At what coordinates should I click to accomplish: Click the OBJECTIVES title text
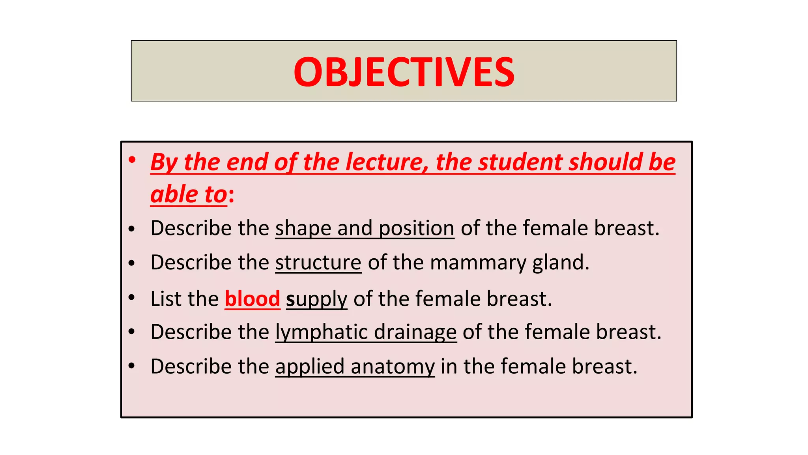click(x=404, y=71)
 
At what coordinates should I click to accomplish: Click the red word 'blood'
click(x=252, y=299)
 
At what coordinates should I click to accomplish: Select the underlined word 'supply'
click(x=316, y=299)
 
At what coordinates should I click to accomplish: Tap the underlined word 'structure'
click(x=318, y=263)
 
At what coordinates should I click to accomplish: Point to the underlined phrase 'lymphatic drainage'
click(x=366, y=332)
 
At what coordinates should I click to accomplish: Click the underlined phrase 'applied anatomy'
click(x=355, y=367)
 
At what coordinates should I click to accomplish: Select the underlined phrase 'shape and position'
click(x=365, y=228)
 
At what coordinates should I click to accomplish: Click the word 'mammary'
click(x=478, y=263)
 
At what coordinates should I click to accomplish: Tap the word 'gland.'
click(x=561, y=263)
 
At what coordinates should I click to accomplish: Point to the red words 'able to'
click(x=189, y=194)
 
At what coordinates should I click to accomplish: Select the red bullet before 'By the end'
click(x=132, y=160)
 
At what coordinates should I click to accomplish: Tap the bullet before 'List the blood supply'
click(x=132, y=298)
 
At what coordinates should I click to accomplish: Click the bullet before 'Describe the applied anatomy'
click(x=132, y=366)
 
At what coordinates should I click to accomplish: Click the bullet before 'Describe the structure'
click(x=132, y=263)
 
